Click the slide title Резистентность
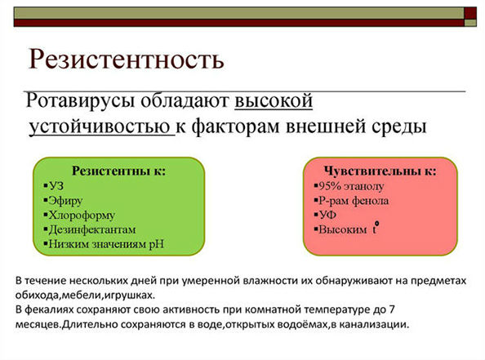pos(127,59)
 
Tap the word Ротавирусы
pos(80,101)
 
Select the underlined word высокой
pos(274,100)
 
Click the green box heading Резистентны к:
pos(118,171)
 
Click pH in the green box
pos(157,244)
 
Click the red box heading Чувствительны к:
pos(380,171)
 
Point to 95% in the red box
pos(330,186)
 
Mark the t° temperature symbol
pos(376,229)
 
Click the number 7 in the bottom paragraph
pos(391,309)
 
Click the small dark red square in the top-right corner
pos(470,13)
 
